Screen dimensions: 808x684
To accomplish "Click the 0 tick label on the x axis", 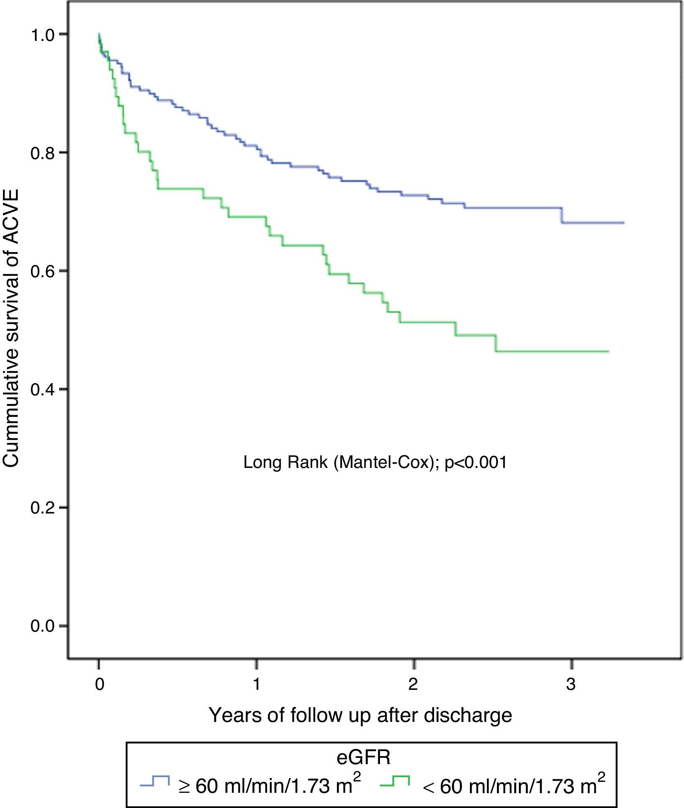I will [x=99, y=684].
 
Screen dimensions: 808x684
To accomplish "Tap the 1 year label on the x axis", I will [x=256, y=684].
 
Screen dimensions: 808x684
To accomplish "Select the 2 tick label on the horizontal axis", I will [x=413, y=684].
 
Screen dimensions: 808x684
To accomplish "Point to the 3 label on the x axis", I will [x=571, y=684].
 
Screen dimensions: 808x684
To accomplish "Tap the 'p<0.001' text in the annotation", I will [x=476, y=463].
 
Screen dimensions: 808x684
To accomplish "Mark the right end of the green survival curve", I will [x=608, y=351].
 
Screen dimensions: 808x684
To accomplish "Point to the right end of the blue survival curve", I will [x=623, y=223].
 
